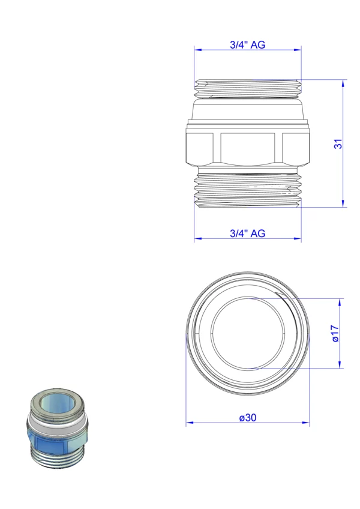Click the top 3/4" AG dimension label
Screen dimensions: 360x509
click(247, 44)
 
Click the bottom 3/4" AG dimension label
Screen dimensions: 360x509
click(247, 233)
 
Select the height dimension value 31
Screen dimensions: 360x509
click(338, 144)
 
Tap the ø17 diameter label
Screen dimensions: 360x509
click(335, 334)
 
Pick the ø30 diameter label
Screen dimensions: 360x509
click(248, 417)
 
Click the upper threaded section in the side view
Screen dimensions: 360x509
click(248, 89)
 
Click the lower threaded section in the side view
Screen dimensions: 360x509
click(248, 190)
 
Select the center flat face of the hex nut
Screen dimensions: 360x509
click(248, 149)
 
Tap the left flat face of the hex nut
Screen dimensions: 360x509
click(200, 148)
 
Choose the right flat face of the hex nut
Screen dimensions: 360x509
click(295, 148)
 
